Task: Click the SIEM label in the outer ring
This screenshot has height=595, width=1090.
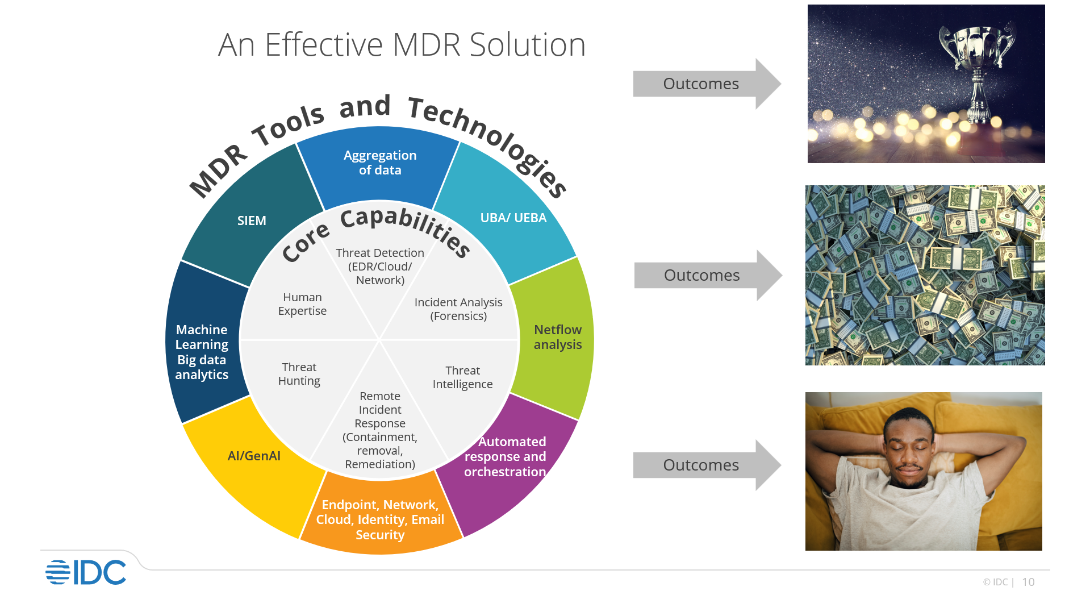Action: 252,220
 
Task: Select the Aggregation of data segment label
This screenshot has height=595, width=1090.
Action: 380,163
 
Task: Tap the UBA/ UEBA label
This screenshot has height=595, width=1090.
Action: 513,218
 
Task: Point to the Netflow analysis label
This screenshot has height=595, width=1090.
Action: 557,337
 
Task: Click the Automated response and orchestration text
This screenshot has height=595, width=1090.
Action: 505,456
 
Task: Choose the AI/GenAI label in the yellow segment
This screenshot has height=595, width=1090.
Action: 254,456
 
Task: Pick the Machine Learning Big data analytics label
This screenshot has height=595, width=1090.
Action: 202,352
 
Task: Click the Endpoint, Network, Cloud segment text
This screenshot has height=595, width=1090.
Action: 380,519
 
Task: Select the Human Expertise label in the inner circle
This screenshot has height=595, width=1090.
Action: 302,304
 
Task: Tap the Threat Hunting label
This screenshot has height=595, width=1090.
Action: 299,374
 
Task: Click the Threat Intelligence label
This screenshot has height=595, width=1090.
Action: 462,377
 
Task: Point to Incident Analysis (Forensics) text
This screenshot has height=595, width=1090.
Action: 458,309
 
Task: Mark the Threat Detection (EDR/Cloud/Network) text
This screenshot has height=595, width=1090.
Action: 380,266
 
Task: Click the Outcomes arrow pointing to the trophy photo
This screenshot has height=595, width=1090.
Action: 701,84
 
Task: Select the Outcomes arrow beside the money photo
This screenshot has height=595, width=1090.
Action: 702,276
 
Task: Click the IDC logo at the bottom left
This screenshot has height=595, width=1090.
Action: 86,572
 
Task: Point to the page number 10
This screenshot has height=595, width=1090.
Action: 1028,582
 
